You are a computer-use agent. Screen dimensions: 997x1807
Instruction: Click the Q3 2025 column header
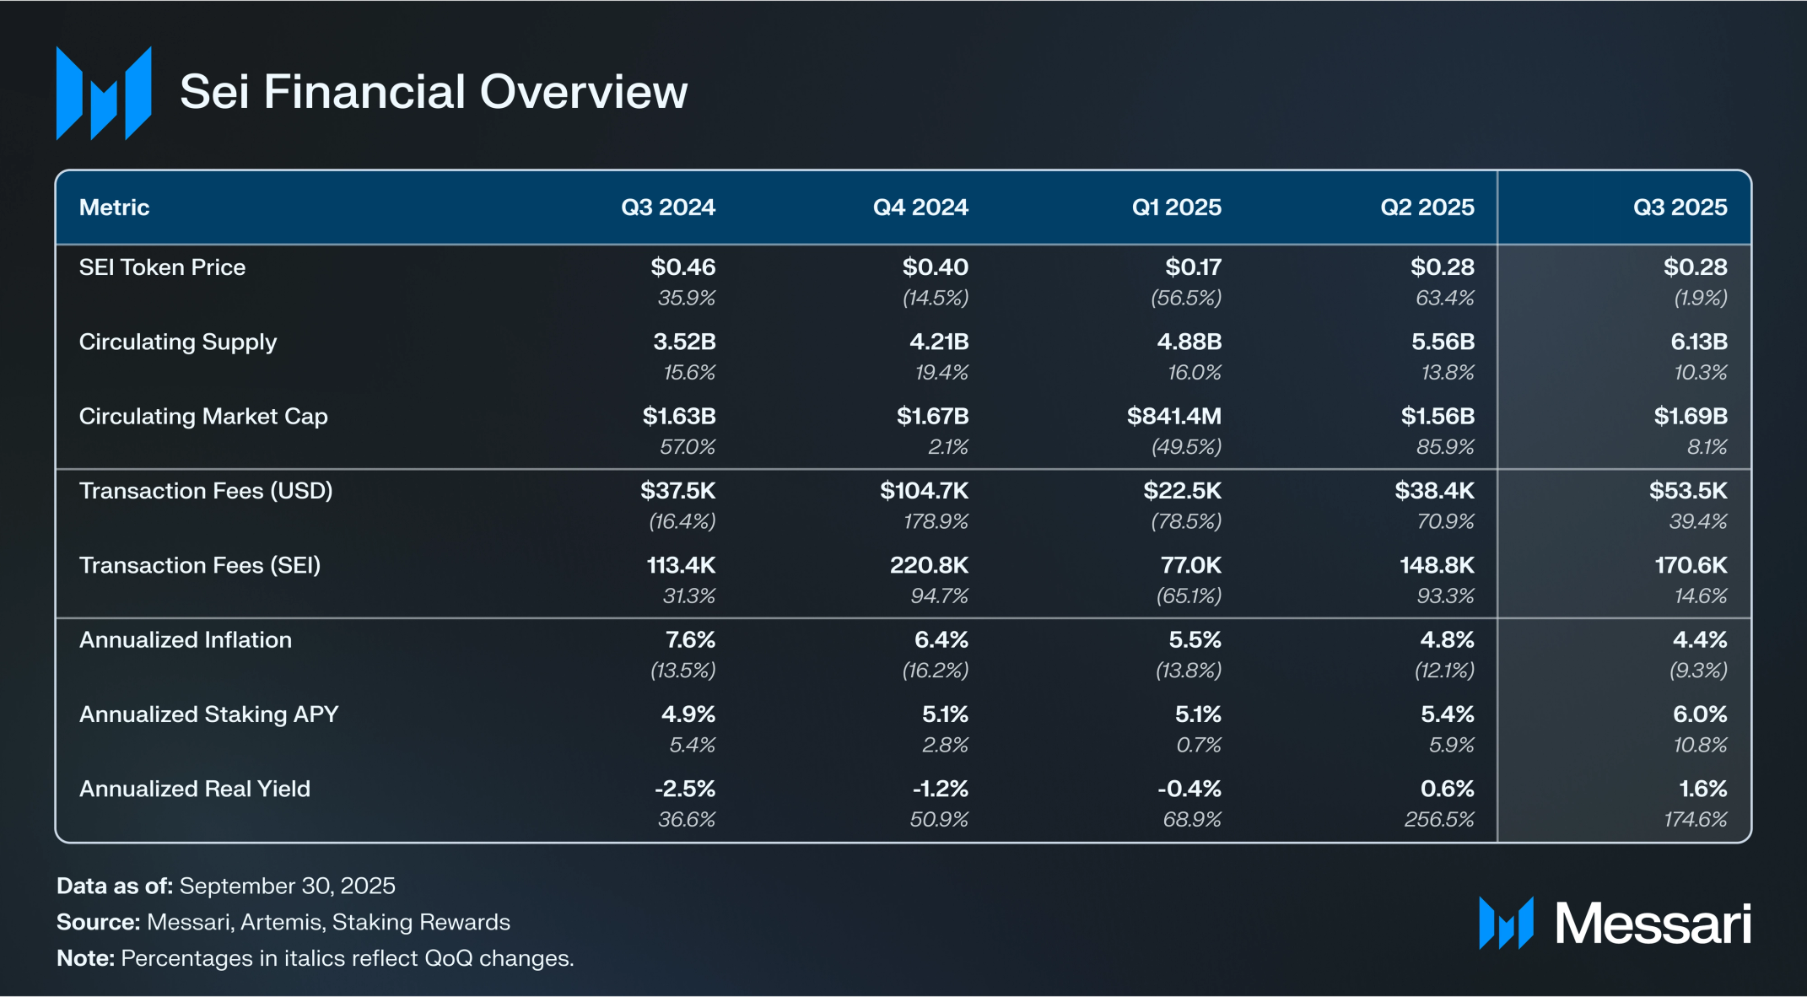click(x=1680, y=207)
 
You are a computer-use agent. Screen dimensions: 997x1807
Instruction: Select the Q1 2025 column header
click(x=1176, y=207)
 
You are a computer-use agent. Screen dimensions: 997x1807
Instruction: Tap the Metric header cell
click(x=114, y=207)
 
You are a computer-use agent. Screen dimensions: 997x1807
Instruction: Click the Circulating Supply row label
click(x=178, y=342)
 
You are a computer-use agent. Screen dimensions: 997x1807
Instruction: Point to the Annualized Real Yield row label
click(x=195, y=789)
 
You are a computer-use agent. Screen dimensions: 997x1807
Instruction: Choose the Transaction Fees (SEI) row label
click(x=200, y=565)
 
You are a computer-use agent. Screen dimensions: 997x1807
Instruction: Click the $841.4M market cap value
click(x=1173, y=416)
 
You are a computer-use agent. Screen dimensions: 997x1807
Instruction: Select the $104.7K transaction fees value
click(x=924, y=491)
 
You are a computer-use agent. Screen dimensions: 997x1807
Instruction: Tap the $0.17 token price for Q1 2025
click(x=1193, y=267)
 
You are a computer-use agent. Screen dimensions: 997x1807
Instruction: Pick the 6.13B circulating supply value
click(x=1698, y=342)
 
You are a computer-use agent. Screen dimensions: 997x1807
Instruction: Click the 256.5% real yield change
click(x=1439, y=819)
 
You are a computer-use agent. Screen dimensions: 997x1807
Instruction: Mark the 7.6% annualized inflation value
click(x=690, y=640)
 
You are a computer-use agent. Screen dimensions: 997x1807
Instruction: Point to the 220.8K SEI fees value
click(x=929, y=565)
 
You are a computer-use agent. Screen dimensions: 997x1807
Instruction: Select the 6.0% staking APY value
click(x=1699, y=714)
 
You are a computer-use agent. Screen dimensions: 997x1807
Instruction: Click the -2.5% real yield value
click(x=685, y=789)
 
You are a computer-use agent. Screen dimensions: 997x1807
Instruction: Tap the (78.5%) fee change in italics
click(x=1186, y=521)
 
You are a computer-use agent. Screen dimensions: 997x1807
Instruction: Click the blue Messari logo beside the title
click(x=104, y=93)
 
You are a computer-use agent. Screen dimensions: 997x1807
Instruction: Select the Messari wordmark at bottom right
click(x=1653, y=924)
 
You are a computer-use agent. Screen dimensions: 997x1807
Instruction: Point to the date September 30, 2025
click(x=287, y=886)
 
